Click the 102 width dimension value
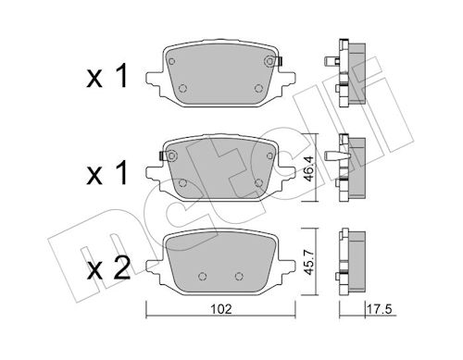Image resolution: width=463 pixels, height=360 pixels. [221, 309]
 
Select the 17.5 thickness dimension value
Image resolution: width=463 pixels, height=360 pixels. [381, 309]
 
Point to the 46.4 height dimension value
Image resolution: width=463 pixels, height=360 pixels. [308, 168]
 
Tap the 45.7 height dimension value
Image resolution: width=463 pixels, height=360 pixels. [308, 262]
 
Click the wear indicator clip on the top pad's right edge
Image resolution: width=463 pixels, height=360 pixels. [280, 61]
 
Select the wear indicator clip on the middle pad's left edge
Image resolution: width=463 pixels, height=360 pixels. [161, 156]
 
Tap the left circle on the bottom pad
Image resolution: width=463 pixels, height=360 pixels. [202, 276]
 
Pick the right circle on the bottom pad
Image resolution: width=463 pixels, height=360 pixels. [239, 276]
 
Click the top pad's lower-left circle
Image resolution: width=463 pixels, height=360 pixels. [182, 88]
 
